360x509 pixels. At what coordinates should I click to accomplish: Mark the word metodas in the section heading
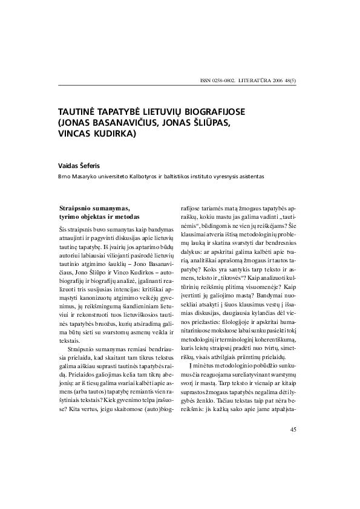point(127,216)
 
